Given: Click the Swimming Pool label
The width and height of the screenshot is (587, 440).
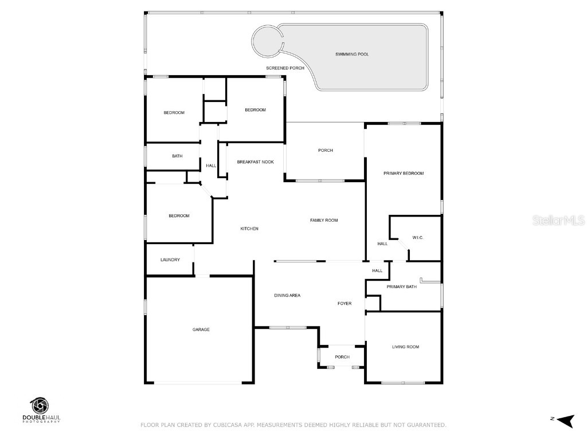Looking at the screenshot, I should tap(352, 54).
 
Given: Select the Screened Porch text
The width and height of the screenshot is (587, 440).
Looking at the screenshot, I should tap(285, 68).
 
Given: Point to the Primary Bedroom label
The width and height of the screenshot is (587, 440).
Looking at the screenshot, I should tap(404, 173).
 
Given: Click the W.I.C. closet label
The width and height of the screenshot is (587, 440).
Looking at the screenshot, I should tap(417, 237).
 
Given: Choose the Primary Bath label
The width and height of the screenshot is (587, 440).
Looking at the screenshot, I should tap(401, 286).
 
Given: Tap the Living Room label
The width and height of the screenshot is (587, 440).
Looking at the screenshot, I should tap(405, 347).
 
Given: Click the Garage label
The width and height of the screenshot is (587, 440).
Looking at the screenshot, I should tap(201, 329).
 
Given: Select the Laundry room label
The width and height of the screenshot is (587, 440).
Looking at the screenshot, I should tap(170, 260).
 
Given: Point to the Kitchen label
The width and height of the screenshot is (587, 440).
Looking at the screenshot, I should tap(249, 229).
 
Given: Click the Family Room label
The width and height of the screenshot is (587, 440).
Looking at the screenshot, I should tap(324, 220).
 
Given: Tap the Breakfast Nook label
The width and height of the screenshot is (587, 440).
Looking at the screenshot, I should tap(255, 162).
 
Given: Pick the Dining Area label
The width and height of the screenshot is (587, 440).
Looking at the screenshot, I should tap(287, 295).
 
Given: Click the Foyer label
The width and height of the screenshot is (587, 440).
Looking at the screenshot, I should tap(345, 303).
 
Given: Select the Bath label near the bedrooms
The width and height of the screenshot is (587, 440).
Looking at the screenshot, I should tap(177, 156).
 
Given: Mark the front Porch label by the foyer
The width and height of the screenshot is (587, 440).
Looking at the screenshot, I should tap(342, 357).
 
